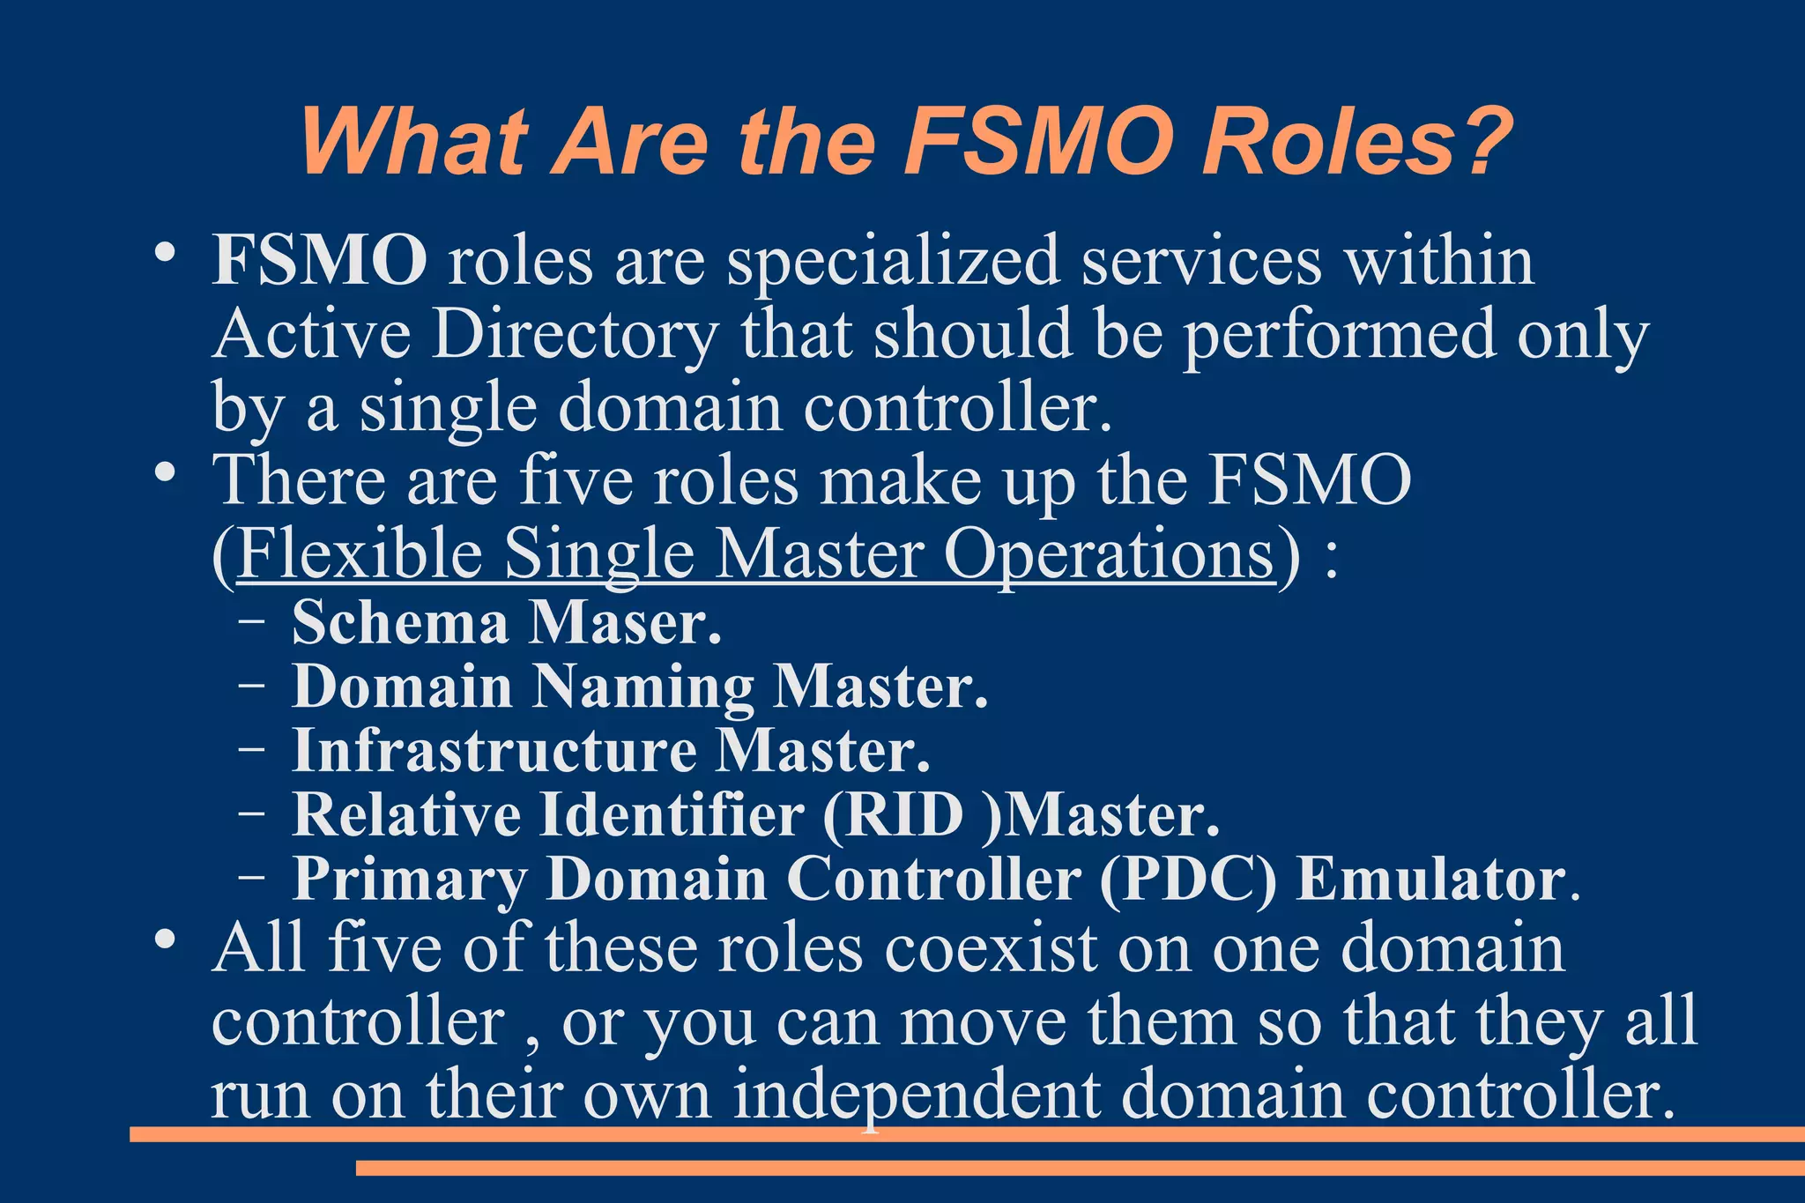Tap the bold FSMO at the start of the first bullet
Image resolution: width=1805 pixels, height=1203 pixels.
click(x=319, y=261)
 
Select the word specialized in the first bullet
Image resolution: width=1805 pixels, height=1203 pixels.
click(x=893, y=263)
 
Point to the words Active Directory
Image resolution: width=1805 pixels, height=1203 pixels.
click(x=465, y=335)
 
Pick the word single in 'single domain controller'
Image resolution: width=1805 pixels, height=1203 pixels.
click(x=448, y=409)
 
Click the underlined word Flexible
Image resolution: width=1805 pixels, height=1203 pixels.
click(x=360, y=554)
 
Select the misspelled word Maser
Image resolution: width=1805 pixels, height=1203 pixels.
click(x=625, y=623)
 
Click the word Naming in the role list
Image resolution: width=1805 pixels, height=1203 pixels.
click(x=643, y=688)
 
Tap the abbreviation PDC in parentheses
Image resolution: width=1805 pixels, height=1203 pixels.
click(x=1187, y=880)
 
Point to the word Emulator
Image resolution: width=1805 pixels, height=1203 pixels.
click(x=1430, y=880)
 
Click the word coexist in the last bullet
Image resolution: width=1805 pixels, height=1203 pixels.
click(x=992, y=948)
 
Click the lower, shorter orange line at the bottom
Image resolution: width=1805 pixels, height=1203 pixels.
click(x=1080, y=1168)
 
